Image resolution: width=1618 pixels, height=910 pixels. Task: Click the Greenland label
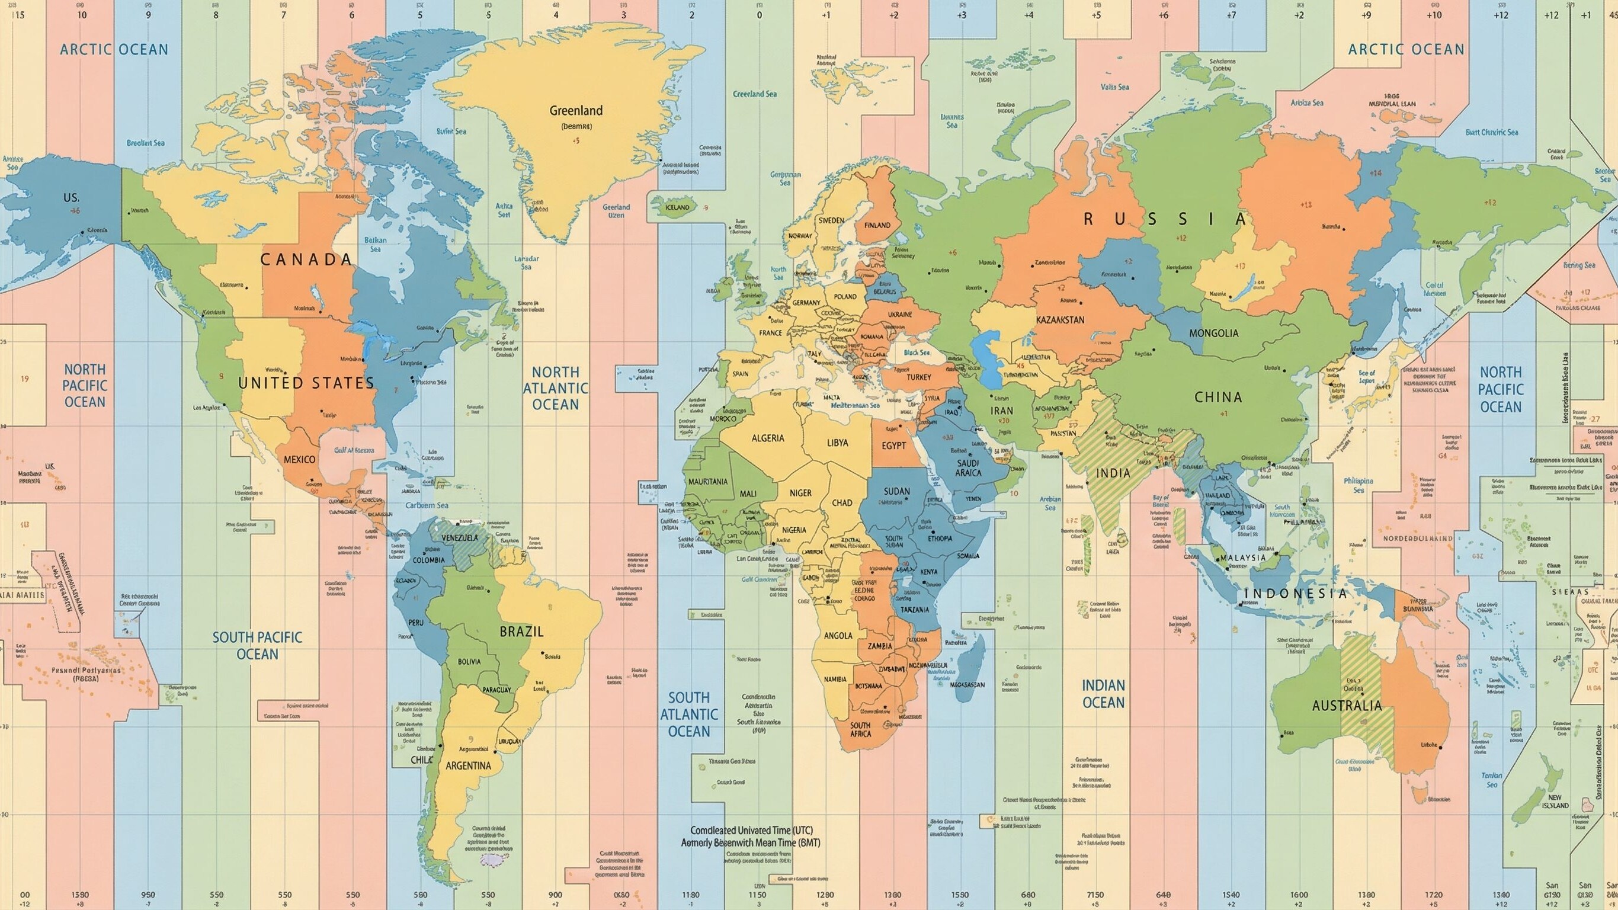(575, 111)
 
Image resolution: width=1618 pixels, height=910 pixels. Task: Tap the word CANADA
(306, 260)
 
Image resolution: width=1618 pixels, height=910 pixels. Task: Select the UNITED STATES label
(306, 383)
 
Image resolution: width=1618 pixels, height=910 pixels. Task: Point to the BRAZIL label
(521, 632)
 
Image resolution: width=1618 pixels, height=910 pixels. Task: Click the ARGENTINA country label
(468, 765)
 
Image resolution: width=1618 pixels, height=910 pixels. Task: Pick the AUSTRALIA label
(1347, 705)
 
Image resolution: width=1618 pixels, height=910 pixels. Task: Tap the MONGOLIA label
(1213, 334)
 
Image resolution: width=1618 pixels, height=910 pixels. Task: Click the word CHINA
(1218, 397)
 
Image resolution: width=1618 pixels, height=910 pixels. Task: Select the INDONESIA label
(1296, 594)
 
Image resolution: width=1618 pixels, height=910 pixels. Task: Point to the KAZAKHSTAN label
(1060, 320)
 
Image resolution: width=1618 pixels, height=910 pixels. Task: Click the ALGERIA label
(768, 438)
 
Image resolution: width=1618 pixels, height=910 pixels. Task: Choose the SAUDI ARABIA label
(968, 468)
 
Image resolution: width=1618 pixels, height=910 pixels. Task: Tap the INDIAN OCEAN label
(1103, 694)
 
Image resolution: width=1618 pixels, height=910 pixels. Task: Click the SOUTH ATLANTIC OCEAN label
(688, 714)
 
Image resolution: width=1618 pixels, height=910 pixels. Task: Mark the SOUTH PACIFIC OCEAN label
(257, 646)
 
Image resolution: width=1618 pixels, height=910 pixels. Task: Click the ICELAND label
(677, 207)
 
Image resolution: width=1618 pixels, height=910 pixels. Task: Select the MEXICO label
(300, 459)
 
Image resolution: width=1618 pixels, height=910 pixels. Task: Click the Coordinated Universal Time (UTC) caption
(751, 829)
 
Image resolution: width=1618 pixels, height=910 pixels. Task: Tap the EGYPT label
(893, 446)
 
